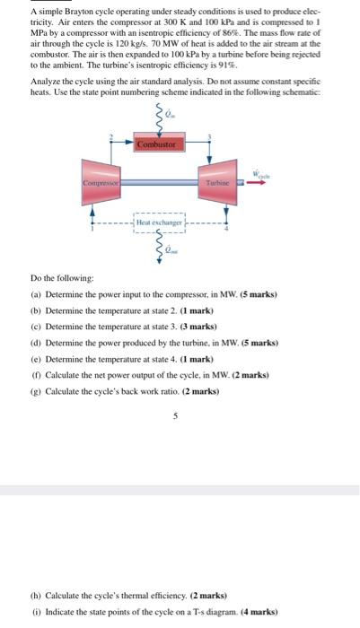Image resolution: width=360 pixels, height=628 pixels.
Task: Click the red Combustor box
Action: pos(160,143)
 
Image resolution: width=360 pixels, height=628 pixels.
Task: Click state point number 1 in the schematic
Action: pos(92,228)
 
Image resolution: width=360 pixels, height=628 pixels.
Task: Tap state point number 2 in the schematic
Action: pos(110,135)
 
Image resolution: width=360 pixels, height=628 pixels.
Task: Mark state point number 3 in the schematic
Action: pos(209,135)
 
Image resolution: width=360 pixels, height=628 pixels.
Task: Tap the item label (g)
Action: pos(35,392)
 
